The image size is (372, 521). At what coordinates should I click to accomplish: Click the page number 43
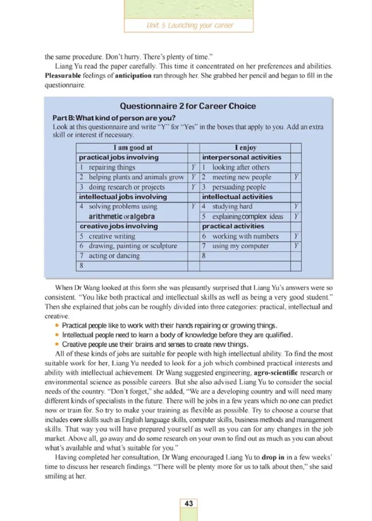coord(189,504)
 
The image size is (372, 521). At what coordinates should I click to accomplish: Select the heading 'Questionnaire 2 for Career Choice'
coord(188,106)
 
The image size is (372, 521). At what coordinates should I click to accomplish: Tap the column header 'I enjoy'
coord(245,147)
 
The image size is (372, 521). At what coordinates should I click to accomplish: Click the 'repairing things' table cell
coord(112,167)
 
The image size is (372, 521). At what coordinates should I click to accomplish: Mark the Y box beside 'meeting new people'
coord(296,177)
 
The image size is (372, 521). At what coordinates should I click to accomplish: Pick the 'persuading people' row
coord(239,187)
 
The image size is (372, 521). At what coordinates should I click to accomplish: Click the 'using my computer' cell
coord(240,246)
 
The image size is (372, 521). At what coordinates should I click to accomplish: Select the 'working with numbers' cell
coord(245,236)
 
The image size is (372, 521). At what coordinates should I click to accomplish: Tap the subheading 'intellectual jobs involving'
coord(123,197)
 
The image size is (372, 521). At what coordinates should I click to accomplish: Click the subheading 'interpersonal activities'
coord(241,158)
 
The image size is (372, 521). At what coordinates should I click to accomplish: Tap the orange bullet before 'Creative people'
coord(57,344)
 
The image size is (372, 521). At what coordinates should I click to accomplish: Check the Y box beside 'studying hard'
coord(296,206)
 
